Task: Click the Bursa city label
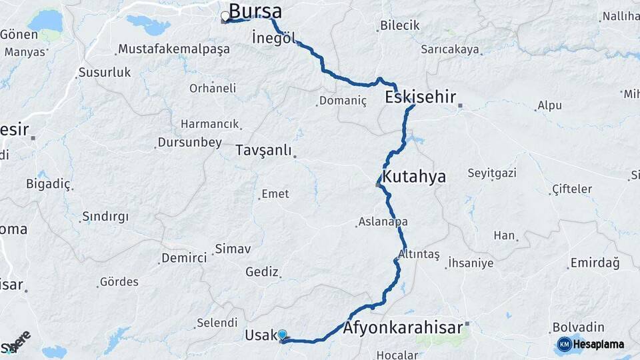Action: coord(255,11)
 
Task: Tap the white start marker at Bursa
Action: coord(225,16)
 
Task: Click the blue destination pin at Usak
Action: coord(282,335)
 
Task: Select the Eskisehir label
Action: coord(420,97)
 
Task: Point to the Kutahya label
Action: coord(413,177)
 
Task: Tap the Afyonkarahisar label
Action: coord(403,328)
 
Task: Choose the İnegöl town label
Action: coord(274,38)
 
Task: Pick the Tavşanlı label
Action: coord(264,151)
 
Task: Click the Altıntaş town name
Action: coord(419,255)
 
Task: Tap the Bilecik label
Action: coord(399,25)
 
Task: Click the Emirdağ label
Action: coord(595,263)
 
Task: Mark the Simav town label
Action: coord(233,249)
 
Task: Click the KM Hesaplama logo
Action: coord(591,344)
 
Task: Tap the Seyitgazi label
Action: coord(492,173)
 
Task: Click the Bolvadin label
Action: coord(579,327)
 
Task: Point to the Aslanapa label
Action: coord(383,221)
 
